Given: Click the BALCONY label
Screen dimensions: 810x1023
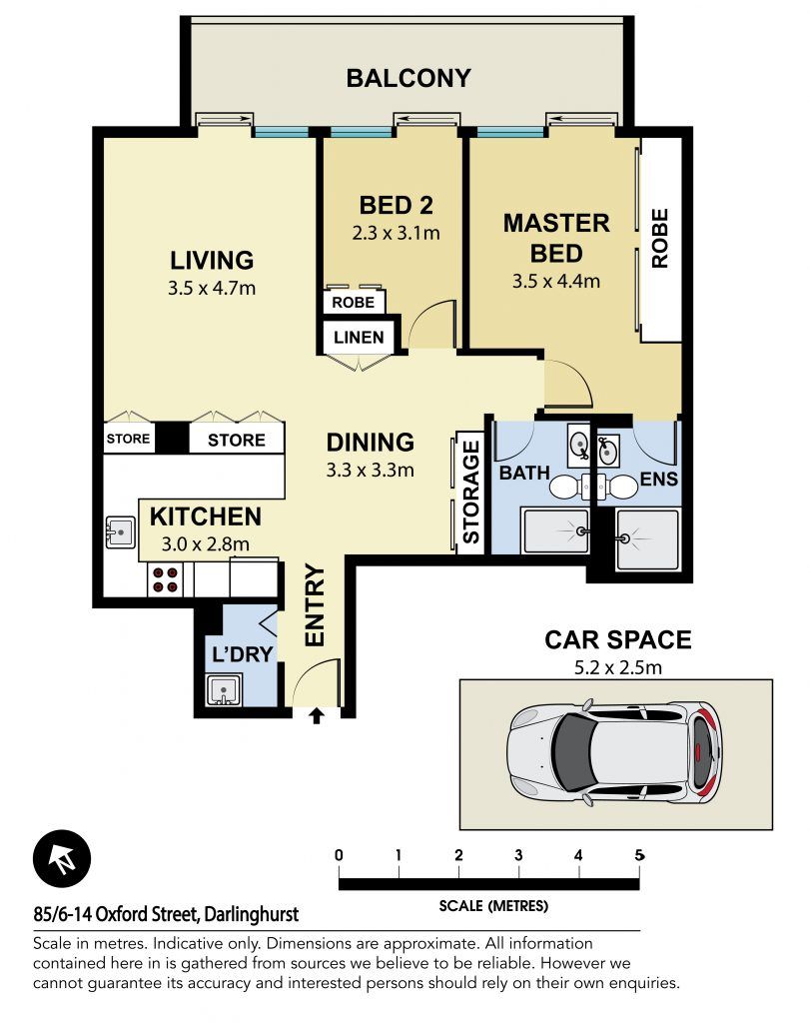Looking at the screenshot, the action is point(408,78).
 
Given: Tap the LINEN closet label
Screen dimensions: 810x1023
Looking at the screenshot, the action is point(359,338).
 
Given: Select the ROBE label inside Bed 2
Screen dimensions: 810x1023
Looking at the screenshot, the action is point(353,302).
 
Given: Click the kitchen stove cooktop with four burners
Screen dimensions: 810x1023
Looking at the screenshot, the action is point(165,580).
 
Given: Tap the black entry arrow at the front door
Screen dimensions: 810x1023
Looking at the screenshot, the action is point(317,716).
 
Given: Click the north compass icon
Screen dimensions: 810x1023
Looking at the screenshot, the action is point(62,858).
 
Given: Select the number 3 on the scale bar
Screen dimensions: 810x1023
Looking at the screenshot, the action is point(518,855).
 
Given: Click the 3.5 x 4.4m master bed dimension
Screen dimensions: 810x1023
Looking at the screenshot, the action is point(555,281).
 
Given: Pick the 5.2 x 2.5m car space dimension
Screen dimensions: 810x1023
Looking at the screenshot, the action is point(617,668).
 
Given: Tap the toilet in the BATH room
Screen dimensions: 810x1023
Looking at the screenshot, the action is point(568,487).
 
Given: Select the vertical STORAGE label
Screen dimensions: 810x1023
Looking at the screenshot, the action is point(470,493).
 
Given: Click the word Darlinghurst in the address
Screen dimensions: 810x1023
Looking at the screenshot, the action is point(251,914).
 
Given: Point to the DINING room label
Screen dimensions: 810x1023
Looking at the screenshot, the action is point(370,443).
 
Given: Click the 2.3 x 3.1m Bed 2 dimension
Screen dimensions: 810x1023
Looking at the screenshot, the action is point(396,233).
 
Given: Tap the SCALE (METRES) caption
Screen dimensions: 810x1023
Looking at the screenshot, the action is point(493,905).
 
